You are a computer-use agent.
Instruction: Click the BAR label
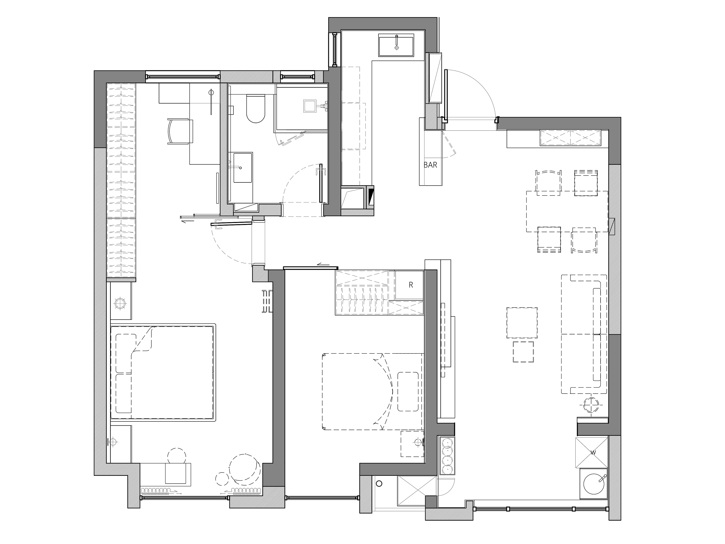click(430, 165)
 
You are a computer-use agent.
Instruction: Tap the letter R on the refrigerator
click(411, 285)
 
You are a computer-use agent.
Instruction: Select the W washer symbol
click(593, 453)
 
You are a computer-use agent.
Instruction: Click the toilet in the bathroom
click(255, 109)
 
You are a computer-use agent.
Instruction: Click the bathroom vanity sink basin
click(243, 167)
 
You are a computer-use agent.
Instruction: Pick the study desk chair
click(180, 132)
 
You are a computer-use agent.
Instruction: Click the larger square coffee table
click(522, 323)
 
